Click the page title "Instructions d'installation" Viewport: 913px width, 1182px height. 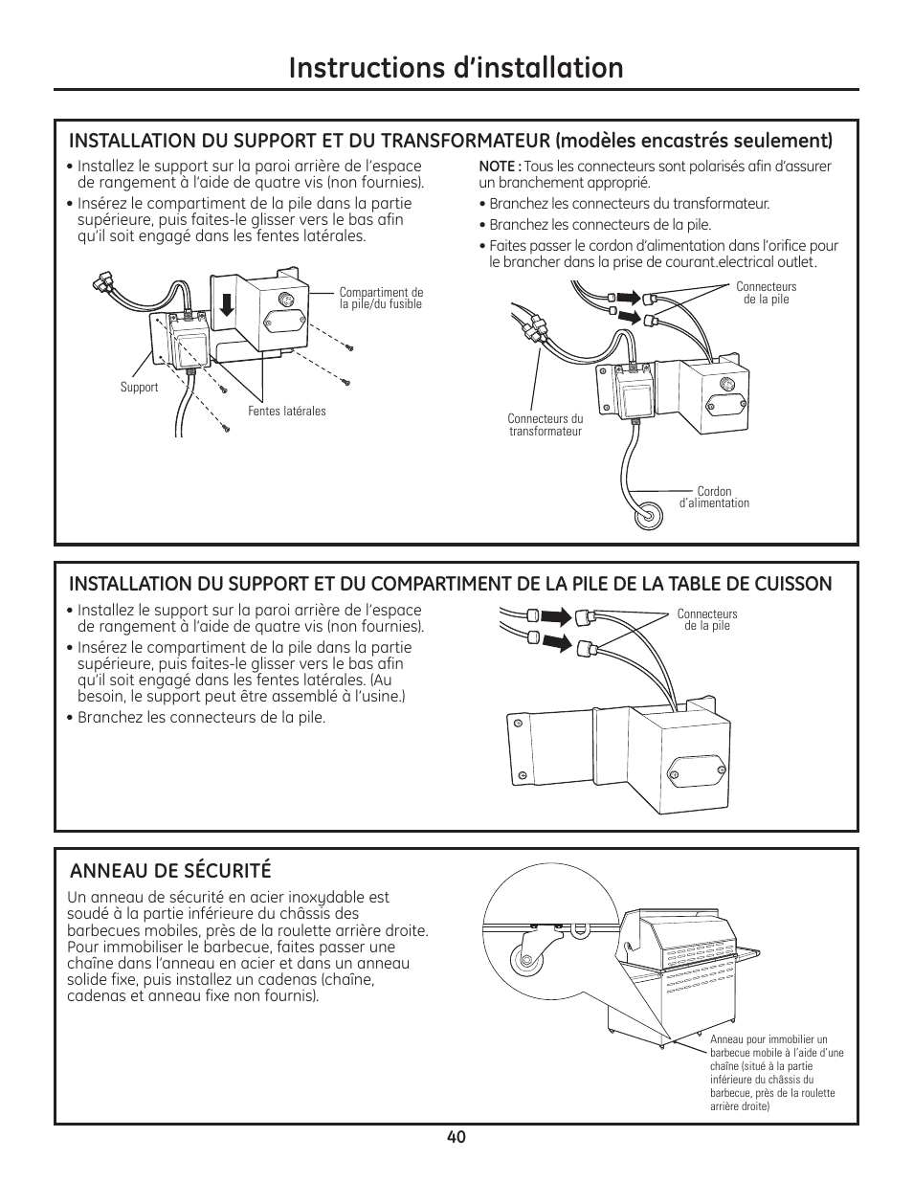coord(456,68)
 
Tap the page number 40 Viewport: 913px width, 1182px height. coord(456,1137)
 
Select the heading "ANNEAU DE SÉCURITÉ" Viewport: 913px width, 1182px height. coord(169,870)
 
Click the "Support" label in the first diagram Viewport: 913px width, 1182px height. coord(139,388)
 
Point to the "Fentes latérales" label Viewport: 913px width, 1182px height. coord(287,412)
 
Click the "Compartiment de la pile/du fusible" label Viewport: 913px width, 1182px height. coord(381,299)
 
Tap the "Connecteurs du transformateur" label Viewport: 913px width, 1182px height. coord(545,425)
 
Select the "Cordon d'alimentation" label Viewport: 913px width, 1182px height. coord(714,498)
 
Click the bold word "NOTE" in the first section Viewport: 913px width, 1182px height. coord(499,167)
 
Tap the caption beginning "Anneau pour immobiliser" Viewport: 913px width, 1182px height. coord(776,1073)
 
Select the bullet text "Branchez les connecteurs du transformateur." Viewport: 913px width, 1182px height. coord(629,204)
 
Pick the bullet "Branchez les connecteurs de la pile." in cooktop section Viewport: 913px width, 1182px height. coord(201,718)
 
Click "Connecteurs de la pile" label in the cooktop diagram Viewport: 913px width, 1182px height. coord(707,620)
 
